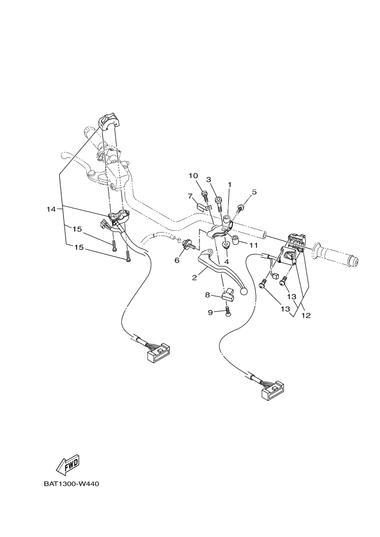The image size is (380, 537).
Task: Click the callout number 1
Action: coord(229,185)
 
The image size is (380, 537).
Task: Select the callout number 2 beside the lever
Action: coord(195,277)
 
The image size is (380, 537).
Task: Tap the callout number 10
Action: coord(193,176)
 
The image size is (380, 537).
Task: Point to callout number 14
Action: coord(51,210)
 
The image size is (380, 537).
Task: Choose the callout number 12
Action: coord(306,316)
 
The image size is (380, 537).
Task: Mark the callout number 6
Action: coord(176,260)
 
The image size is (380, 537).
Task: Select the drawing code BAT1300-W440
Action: coord(71,484)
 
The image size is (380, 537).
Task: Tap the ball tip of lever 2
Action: coord(244,292)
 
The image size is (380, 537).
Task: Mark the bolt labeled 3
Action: coord(219,202)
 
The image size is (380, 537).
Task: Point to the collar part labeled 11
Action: coord(236,238)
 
